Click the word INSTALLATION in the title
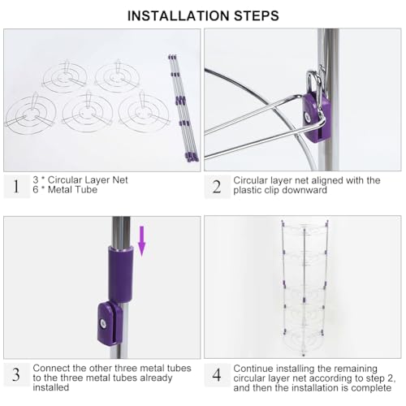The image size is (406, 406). coord(179,15)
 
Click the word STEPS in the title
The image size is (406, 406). coord(257,15)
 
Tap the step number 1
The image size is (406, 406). coord(16,186)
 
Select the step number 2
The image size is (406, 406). coord(217,187)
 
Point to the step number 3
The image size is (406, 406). coord(16,374)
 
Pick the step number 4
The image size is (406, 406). coord(217,375)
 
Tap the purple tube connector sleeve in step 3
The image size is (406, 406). coord(121,274)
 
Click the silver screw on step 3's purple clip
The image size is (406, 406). coord(103,323)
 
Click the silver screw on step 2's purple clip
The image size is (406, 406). coord(307,117)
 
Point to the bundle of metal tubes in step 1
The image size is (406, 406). coord(183,108)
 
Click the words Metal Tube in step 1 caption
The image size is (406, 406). coord(72,189)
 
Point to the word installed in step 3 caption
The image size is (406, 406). coord(51,387)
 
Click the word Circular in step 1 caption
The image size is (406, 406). coord(65,179)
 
